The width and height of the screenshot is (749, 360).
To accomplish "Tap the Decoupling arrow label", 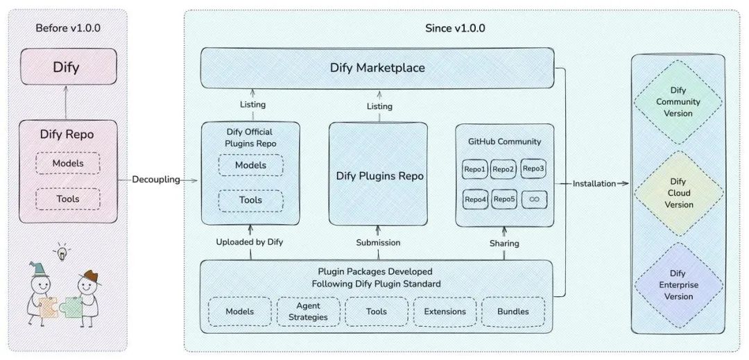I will tap(157, 180).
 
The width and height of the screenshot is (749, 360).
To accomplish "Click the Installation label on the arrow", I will tap(594, 183).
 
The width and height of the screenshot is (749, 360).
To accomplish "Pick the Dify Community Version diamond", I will tap(678, 102).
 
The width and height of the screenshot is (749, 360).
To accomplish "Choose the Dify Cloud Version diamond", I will tap(678, 193).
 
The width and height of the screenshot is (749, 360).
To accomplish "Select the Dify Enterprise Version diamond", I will tap(678, 285).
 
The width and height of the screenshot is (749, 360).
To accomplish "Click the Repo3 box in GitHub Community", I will tap(533, 169).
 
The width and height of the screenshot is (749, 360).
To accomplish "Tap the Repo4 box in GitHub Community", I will tap(476, 200).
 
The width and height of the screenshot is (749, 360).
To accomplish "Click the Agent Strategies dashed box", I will tap(309, 311).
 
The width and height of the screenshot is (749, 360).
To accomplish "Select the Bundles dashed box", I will tap(513, 311).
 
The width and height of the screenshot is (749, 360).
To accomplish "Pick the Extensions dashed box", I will tap(445, 311).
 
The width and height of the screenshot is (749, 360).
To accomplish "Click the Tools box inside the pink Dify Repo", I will tap(67, 199).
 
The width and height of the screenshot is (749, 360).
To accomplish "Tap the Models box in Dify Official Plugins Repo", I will tap(250, 165).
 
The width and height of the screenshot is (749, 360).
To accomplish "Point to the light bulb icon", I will tap(62, 253).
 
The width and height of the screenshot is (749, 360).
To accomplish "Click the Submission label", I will tap(378, 243).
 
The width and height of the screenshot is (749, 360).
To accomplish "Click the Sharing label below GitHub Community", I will tap(504, 243).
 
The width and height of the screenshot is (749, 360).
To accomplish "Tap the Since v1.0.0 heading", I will tap(455, 28).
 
